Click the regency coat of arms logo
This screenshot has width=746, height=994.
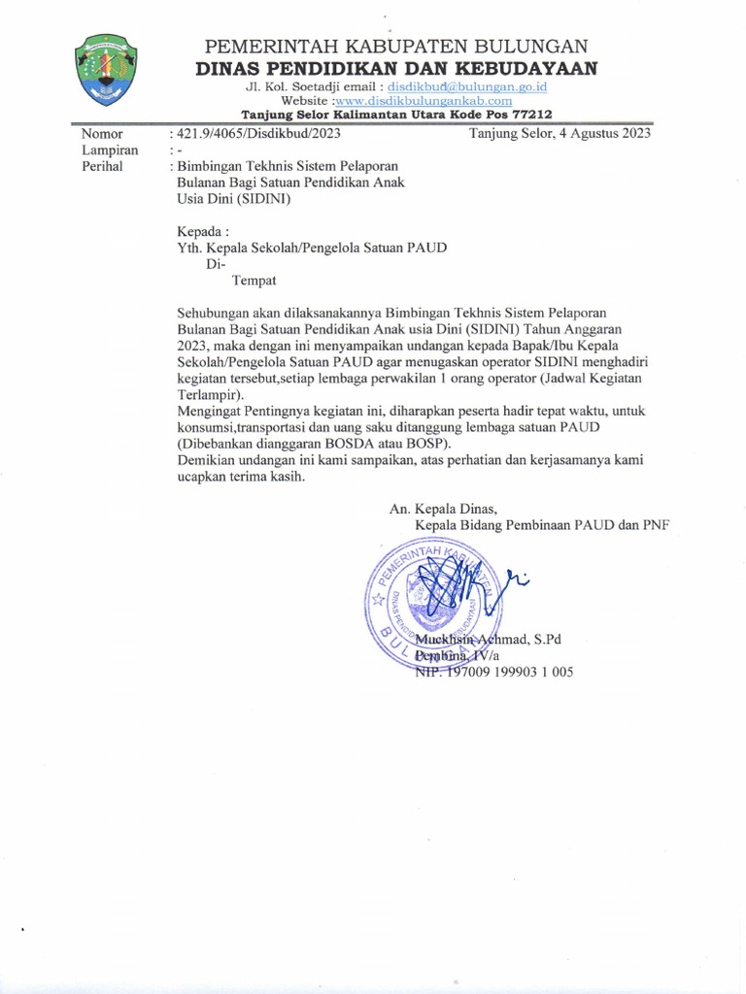pyautogui.click(x=106, y=69)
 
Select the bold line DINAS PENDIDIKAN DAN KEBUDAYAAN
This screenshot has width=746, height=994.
pyautogui.click(x=396, y=68)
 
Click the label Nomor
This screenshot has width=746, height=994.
pyautogui.click(x=102, y=134)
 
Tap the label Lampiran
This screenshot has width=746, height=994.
pyautogui.click(x=110, y=150)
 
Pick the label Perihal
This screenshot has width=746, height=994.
pyautogui.click(x=103, y=167)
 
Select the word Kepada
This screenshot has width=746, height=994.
pyautogui.click(x=203, y=232)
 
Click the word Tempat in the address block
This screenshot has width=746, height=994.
pyautogui.click(x=254, y=281)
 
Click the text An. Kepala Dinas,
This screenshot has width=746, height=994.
pyautogui.click(x=443, y=509)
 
